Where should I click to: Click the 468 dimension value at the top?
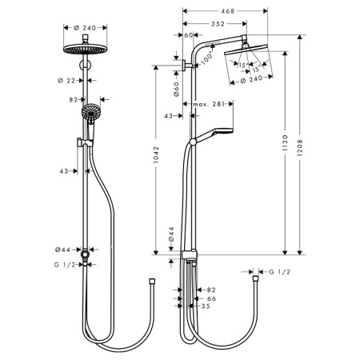click(228, 11)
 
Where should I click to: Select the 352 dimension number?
click(218, 24)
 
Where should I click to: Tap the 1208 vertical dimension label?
click(300, 148)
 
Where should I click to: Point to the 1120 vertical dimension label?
click(286, 143)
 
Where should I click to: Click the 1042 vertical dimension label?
click(156, 154)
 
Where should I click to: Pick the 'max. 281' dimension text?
click(209, 104)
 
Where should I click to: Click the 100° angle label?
click(207, 58)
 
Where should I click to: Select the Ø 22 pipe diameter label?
click(66, 80)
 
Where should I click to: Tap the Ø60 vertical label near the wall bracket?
click(177, 90)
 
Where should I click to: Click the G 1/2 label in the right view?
click(279, 272)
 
